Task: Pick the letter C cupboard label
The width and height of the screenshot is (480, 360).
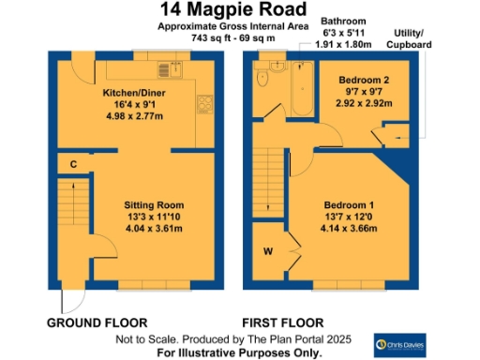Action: point(72,165)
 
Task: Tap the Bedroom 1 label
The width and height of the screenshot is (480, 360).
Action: point(349,204)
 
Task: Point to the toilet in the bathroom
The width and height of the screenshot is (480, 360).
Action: point(264,79)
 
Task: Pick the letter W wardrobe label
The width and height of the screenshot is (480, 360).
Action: point(268,250)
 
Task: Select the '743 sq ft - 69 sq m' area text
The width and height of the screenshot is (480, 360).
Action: point(233,38)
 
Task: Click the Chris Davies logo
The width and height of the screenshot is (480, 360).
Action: point(401,343)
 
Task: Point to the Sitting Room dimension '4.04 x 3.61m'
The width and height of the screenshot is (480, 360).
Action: point(155,227)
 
